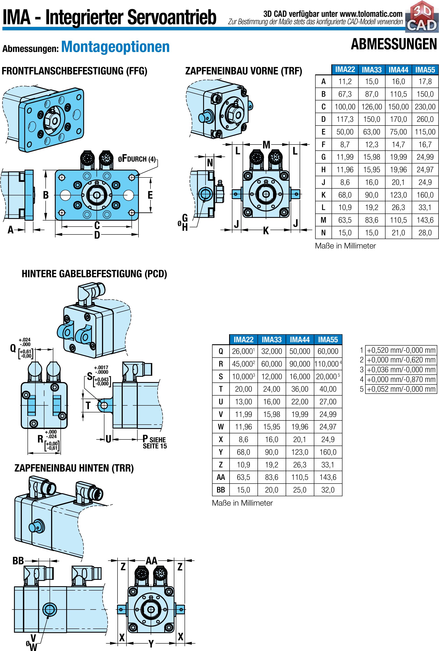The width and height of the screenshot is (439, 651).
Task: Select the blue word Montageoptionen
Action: click(x=115, y=47)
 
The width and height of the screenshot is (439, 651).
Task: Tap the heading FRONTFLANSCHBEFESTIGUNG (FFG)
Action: click(x=74, y=71)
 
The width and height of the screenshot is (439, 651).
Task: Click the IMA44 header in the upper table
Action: click(x=398, y=70)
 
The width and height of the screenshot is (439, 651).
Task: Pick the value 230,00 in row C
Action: click(x=425, y=107)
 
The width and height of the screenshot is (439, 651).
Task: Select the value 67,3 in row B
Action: click(x=345, y=94)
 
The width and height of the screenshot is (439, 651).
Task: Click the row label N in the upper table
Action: click(x=323, y=232)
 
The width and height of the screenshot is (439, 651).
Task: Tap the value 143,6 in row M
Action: click(x=425, y=220)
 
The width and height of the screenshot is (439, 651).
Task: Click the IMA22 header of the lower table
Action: click(x=243, y=340)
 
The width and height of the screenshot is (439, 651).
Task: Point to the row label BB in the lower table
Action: click(x=221, y=490)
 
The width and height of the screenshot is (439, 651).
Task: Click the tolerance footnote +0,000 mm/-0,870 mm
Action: click(x=401, y=379)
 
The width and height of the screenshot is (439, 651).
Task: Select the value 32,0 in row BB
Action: click(x=328, y=490)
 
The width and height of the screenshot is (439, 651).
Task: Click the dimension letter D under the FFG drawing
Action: click(x=97, y=235)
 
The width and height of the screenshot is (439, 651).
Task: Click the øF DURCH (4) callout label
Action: click(x=137, y=159)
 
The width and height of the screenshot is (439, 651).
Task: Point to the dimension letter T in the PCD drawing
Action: click(x=88, y=406)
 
